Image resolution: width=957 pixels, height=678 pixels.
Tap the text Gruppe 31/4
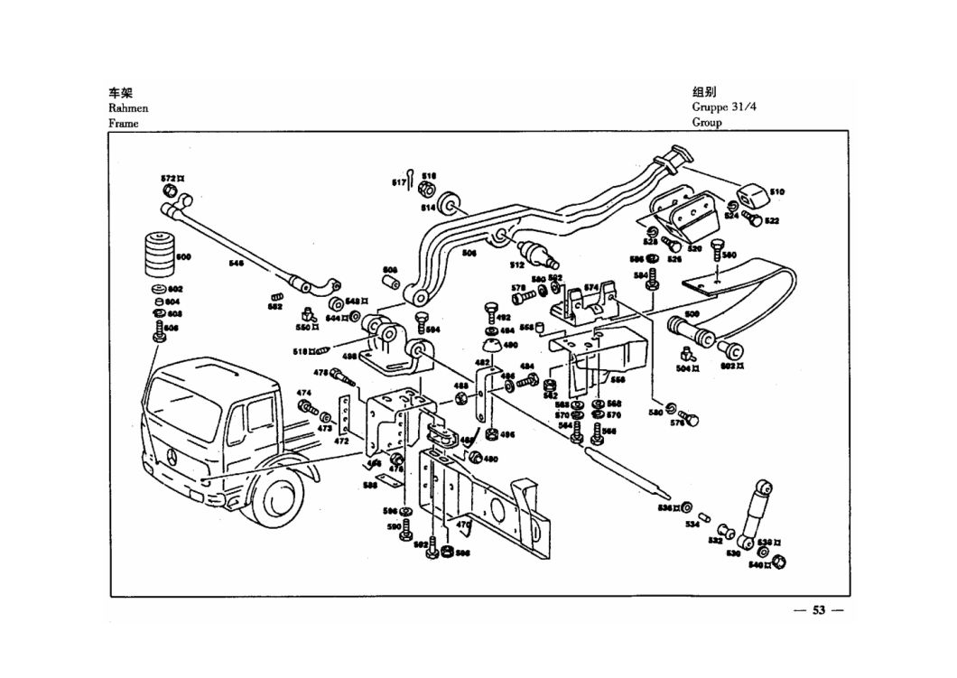[x=723, y=107]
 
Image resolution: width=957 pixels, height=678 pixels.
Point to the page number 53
[x=818, y=610]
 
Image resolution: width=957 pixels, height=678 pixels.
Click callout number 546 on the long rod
[x=236, y=264]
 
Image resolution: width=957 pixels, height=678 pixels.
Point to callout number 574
[x=591, y=287]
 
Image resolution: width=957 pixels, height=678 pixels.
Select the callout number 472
[x=342, y=441]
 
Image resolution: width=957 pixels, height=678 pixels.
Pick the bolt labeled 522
[x=750, y=217]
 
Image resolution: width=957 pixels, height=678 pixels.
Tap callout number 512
[x=517, y=265]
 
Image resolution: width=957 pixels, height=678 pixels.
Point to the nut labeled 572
[x=169, y=191]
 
